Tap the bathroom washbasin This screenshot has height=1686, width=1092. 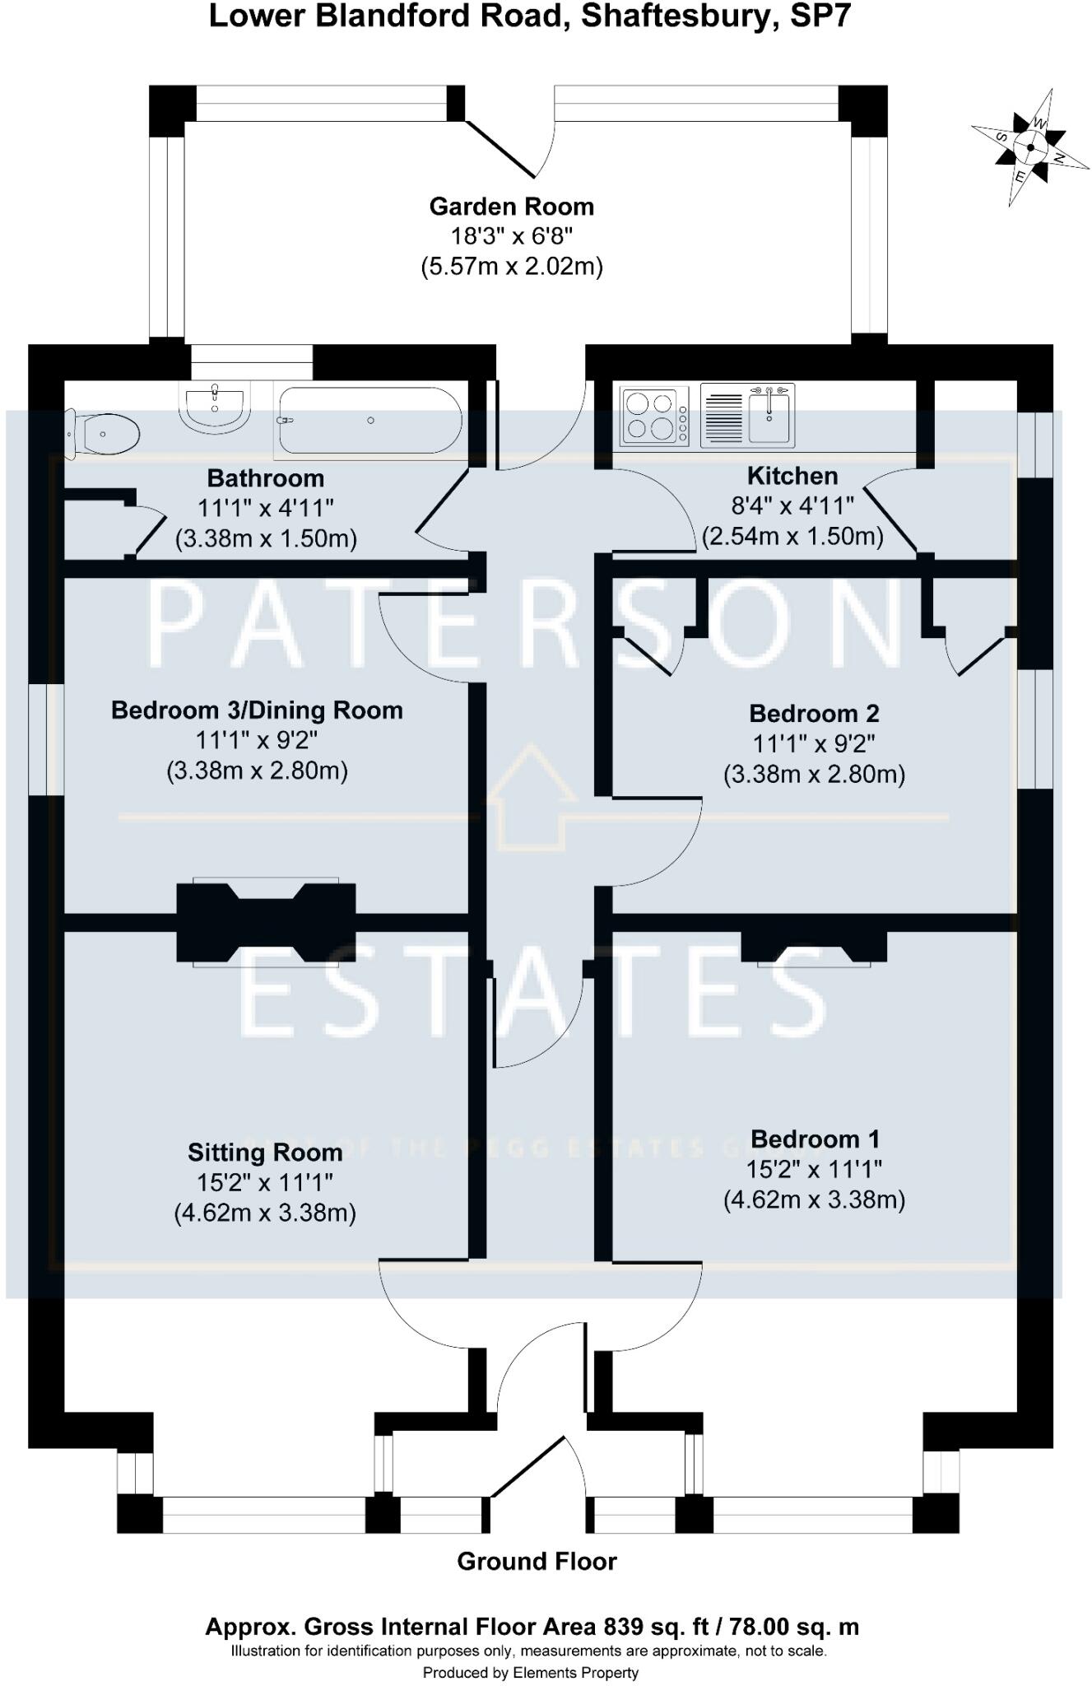214,407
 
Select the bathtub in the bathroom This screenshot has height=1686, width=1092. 369,421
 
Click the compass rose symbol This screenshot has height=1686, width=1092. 1029,148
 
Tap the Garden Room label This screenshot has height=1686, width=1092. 511,207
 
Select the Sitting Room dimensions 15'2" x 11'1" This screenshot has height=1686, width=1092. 264,1182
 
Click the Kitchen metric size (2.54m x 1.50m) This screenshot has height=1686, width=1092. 792,537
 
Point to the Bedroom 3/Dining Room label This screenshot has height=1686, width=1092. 257,710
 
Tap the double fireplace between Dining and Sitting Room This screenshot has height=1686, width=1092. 266,922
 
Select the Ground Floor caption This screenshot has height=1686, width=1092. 537,1562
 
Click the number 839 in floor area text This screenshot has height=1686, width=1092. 623,1627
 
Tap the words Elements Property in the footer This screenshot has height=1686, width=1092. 575,1673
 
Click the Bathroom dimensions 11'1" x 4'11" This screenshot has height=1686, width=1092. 265,508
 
